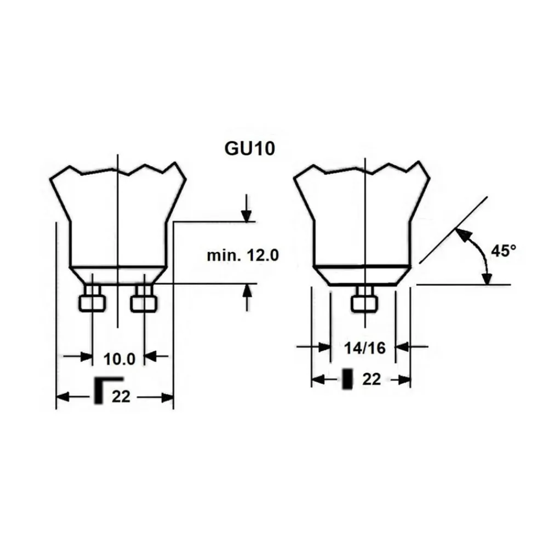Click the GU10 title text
249,148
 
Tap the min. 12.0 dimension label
243,255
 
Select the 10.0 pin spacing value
119,359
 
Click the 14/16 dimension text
364,348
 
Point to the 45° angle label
504,250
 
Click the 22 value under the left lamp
121,396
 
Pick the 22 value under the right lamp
371,379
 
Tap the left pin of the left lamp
92,298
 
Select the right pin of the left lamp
144,298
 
